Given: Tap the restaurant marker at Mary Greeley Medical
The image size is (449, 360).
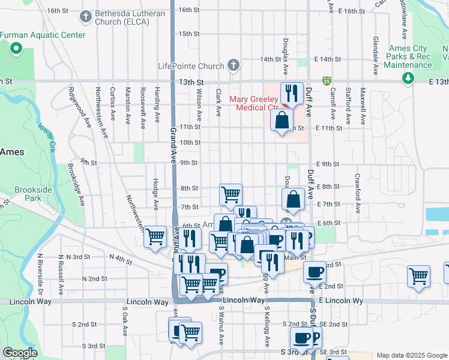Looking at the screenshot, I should (292, 92).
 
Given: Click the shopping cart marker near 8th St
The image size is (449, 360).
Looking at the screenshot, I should (231, 194).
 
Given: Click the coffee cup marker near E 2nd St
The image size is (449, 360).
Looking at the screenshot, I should (314, 272).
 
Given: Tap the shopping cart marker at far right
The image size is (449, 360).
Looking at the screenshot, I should (419, 276).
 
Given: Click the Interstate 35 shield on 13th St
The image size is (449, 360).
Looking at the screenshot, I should (327, 80).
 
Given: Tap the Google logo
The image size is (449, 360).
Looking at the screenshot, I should (20, 353).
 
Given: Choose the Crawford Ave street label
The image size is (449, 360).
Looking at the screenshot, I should (357, 193).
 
